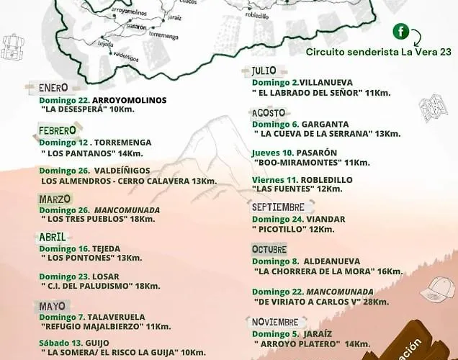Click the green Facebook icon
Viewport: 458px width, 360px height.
[x=400, y=32]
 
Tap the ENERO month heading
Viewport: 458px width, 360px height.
[x=54, y=89]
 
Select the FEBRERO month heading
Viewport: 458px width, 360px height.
[x=58, y=130]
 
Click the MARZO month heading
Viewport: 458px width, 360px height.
[x=55, y=199]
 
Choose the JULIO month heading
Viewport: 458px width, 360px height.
[x=264, y=71]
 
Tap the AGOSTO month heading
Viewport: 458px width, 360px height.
[x=268, y=113]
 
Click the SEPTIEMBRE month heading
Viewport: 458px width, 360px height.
[x=278, y=207]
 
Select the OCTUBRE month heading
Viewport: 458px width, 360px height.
[x=269, y=249]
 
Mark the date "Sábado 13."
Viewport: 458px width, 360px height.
[x=60, y=342]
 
